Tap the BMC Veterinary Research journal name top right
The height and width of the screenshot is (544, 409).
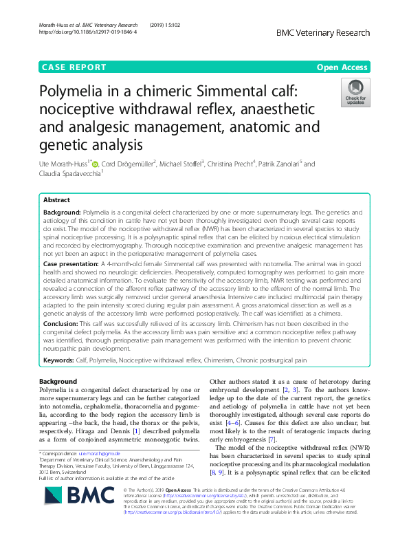click(x=323, y=32)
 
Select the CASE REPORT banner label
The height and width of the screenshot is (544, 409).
click(x=74, y=67)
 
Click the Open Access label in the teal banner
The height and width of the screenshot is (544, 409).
click(x=343, y=67)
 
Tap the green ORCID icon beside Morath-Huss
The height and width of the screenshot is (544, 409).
click(x=96, y=164)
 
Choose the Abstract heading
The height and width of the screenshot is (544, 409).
click(x=56, y=199)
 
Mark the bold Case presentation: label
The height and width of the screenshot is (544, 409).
click(x=74, y=264)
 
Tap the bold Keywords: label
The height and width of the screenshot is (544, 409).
click(x=60, y=360)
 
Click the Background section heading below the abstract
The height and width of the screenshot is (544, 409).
click(x=58, y=382)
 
